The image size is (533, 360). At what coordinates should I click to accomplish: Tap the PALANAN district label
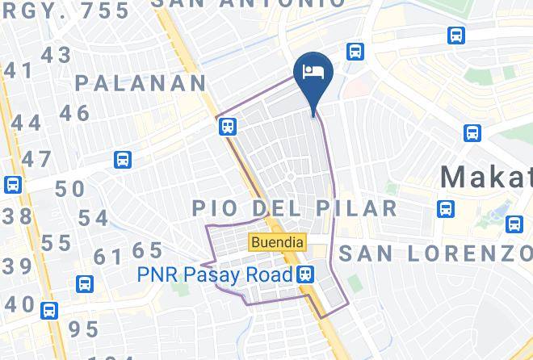142,82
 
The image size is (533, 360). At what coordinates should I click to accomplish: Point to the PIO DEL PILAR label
295,208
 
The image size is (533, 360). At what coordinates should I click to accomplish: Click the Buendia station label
277,241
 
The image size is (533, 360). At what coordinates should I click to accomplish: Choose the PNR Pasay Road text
214,274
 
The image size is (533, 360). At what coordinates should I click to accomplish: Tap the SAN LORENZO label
436,253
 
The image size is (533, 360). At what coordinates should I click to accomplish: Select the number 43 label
56,55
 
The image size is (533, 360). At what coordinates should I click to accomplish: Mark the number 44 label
25,122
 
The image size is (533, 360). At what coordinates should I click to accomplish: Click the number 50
69,189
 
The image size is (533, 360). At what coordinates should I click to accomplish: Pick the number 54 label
93,218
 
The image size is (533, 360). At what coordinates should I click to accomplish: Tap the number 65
147,250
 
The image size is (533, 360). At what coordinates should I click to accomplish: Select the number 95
83,329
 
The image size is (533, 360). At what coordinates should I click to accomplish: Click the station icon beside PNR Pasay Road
306,274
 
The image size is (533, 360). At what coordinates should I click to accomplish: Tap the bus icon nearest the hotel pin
355,52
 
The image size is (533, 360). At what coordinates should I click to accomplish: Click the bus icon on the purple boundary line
228,125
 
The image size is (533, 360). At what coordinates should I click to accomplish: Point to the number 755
100,10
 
